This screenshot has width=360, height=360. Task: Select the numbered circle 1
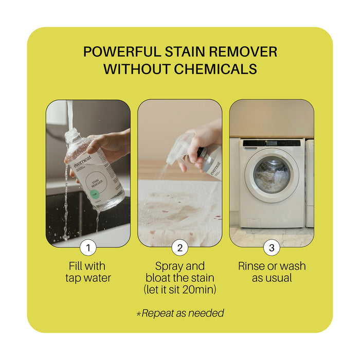coord(88,248)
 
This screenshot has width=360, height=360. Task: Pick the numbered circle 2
coord(180,248)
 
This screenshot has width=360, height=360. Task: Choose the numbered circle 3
coord(272,248)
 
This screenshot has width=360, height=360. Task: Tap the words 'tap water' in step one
coord(88,278)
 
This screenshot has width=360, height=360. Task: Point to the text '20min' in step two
coord(199,290)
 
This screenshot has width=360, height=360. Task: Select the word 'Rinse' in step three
coord(253,266)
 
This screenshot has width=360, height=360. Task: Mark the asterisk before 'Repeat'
coord(138,313)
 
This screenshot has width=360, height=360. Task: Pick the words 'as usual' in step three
coord(272,278)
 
